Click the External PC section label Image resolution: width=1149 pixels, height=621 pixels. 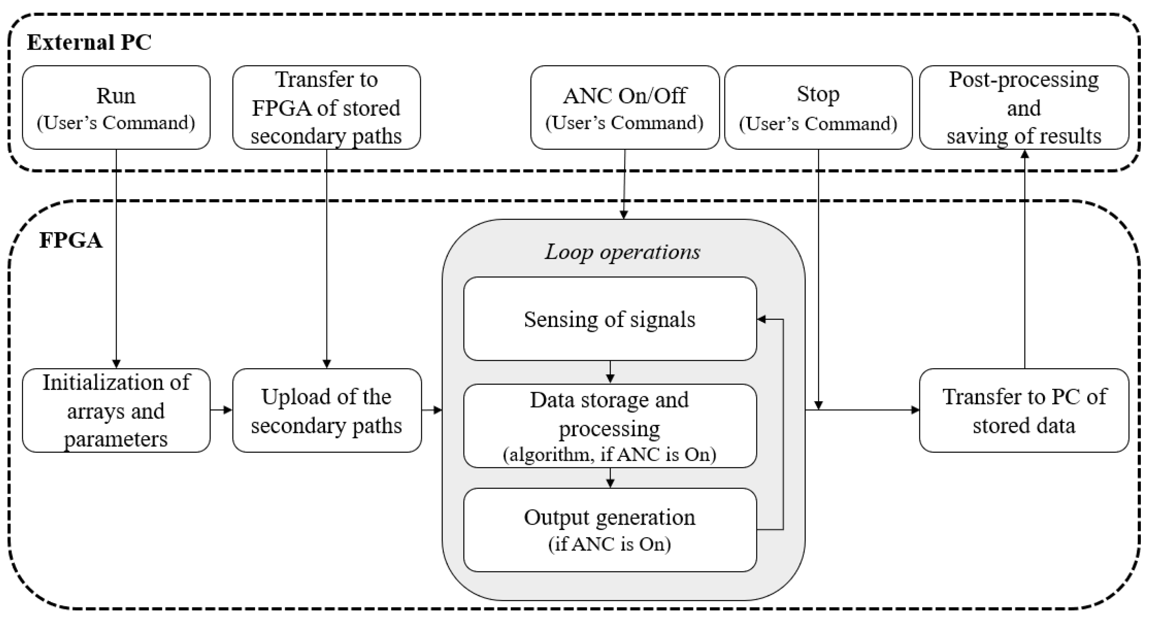89,43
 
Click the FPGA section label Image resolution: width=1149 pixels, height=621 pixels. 70,240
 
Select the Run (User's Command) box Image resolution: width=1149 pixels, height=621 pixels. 116,107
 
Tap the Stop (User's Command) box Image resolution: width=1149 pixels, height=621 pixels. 818,107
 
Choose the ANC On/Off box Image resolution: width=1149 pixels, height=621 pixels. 624,107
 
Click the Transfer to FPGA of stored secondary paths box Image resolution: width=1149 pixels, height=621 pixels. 326,107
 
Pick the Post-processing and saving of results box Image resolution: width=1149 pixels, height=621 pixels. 1024,107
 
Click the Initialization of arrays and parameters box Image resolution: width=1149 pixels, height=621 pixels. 116,410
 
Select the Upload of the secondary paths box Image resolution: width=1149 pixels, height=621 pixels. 327,410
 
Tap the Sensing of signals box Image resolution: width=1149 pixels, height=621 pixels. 609,319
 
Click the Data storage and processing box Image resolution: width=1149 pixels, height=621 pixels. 609,426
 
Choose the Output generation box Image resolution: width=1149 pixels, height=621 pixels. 609,530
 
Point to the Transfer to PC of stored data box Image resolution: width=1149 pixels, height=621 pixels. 1024,410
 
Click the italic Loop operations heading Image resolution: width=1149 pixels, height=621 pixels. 622,252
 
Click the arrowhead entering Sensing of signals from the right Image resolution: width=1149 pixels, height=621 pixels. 761,319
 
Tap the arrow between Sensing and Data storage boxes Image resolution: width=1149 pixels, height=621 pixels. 610,373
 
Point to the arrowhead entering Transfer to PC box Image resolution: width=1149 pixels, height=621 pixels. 915,410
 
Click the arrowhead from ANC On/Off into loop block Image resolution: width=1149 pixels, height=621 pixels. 624,215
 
